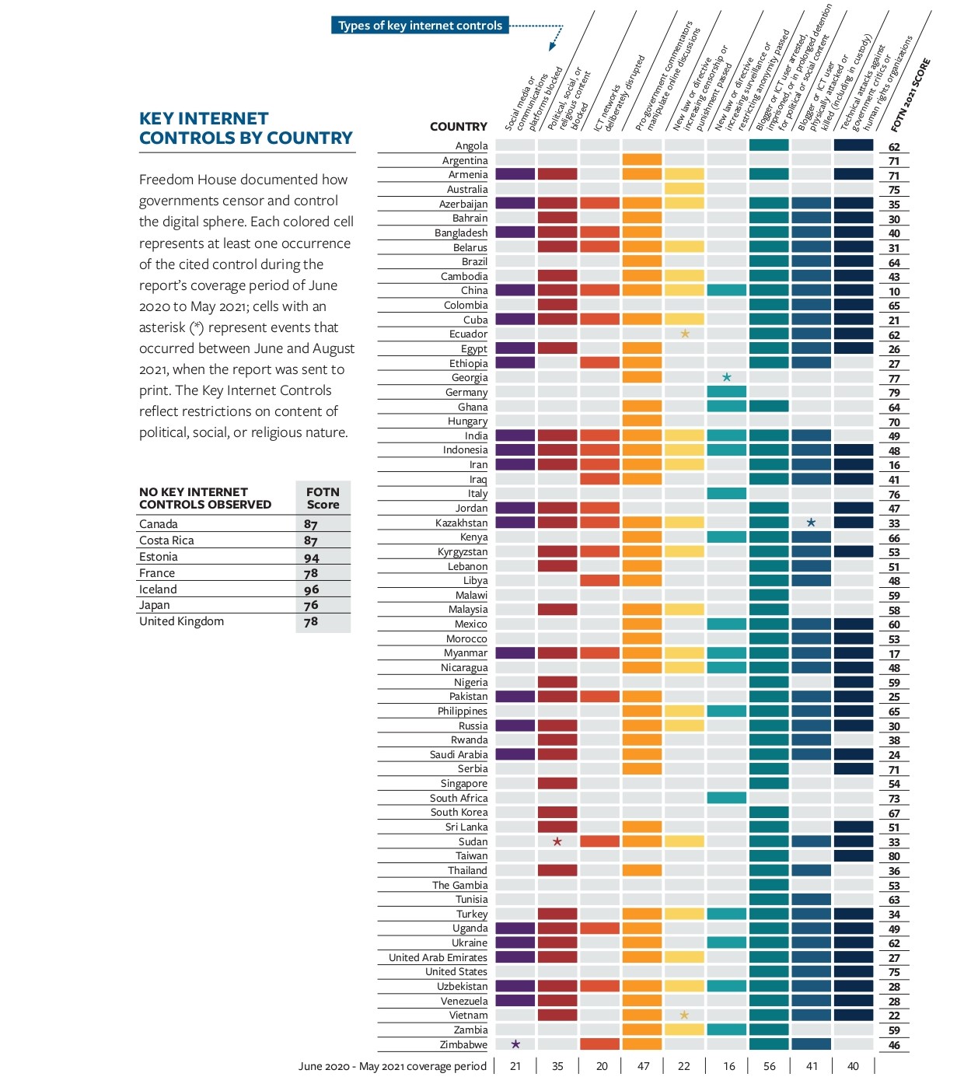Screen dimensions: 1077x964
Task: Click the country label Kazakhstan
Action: [x=461, y=523]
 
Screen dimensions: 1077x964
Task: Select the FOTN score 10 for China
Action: [x=894, y=292]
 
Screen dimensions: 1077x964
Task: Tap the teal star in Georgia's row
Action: [x=727, y=377]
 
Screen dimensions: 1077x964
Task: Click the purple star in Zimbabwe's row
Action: [x=515, y=1044]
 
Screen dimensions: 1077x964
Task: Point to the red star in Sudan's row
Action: [x=557, y=841]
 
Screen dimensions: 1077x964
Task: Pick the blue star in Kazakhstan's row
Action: [x=811, y=523]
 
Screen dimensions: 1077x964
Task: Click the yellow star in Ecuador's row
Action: [x=685, y=334]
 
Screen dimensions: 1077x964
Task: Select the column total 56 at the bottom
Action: [x=770, y=1066]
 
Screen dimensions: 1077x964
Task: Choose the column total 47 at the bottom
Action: [x=643, y=1066]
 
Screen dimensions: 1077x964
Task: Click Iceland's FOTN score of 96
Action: [x=311, y=589]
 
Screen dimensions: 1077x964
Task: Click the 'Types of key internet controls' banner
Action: [x=420, y=26]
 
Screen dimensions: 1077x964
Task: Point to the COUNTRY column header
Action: [x=458, y=127]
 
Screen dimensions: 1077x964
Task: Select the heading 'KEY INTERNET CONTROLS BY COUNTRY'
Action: [x=246, y=128]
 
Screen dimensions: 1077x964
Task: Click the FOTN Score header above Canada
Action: [x=323, y=498]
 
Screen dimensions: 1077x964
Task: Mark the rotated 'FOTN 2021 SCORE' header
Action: [x=910, y=95]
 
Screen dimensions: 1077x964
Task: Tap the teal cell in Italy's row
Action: [x=727, y=493]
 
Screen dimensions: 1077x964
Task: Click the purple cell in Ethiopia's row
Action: [x=515, y=362]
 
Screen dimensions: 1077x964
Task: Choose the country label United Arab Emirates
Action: [x=438, y=957]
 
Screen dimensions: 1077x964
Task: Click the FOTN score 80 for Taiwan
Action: [x=894, y=856]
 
